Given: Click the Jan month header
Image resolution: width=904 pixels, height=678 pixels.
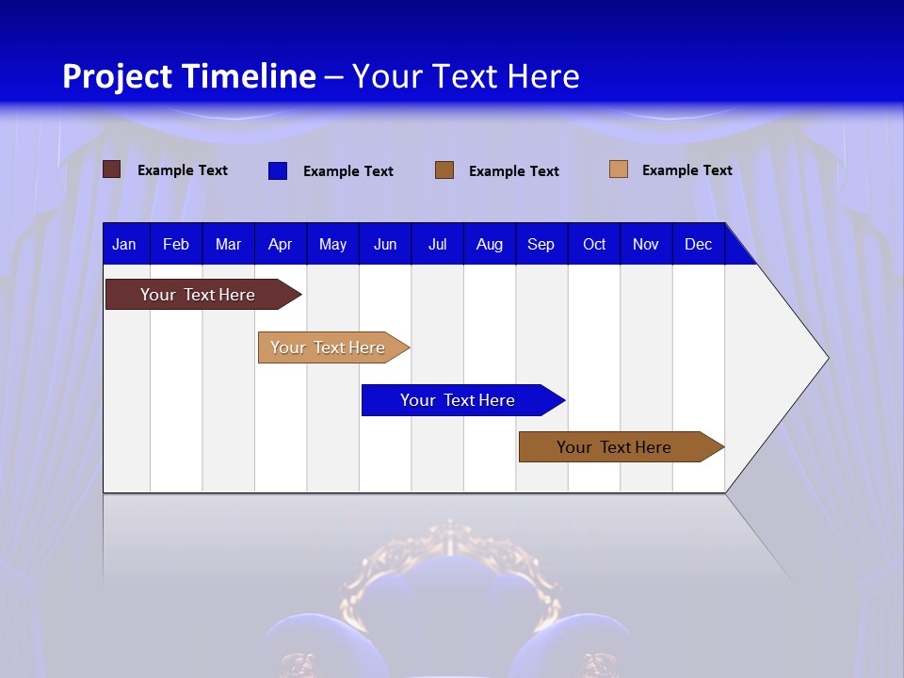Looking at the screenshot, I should click(124, 244).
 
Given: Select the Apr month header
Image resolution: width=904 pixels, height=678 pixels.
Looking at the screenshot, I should click(280, 244).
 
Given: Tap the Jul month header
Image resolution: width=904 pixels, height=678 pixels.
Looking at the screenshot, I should click(437, 244).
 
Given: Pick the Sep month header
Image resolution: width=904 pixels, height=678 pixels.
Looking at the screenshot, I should click(541, 244).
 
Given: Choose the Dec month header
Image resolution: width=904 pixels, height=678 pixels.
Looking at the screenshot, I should click(698, 244).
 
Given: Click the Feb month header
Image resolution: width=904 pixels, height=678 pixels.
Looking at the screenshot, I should click(176, 244).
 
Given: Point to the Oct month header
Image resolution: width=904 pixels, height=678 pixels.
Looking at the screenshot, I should click(594, 244).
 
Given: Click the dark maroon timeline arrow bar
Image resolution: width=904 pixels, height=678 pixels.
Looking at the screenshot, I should click(198, 295).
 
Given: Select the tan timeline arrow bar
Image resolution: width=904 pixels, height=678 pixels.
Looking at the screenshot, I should click(328, 347).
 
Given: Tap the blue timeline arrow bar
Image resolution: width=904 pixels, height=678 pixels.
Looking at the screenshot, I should click(458, 400).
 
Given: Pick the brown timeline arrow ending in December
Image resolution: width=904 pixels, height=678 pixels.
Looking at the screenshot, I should click(614, 447).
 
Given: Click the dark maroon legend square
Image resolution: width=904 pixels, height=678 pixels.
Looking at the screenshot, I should click(111, 169).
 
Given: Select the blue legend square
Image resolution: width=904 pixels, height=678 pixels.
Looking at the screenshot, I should click(277, 170).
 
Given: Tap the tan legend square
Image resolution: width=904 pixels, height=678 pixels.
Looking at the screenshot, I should click(618, 169).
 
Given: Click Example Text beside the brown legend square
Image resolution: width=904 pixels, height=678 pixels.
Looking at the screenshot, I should click(513, 171).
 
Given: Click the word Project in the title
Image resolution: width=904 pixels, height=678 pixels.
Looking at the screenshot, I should click(117, 76).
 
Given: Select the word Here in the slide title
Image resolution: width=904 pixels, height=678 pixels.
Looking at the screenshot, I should click(542, 76).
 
